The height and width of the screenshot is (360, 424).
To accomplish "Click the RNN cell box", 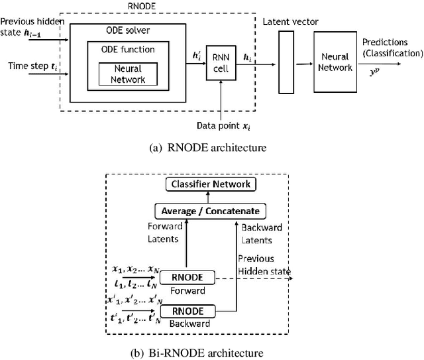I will [219, 63].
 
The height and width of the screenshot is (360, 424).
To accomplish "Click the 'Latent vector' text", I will [290, 22].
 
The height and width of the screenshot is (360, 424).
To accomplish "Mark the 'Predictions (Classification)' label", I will [391, 48].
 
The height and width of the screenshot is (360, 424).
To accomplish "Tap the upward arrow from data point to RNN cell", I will [219, 99].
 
